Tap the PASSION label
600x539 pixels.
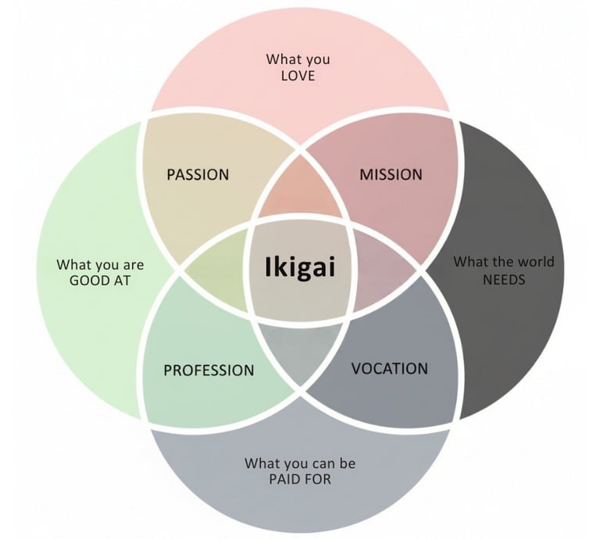(198, 174)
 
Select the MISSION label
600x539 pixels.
(391, 174)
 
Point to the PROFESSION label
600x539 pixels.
(209, 370)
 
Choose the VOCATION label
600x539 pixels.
(389, 368)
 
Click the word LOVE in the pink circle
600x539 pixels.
(297, 76)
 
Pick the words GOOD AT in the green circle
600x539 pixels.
(100, 280)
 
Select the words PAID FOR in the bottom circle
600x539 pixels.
(299, 479)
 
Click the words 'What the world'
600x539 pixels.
(503, 261)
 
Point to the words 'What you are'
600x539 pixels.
(100, 265)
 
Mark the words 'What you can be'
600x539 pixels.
(299, 463)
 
